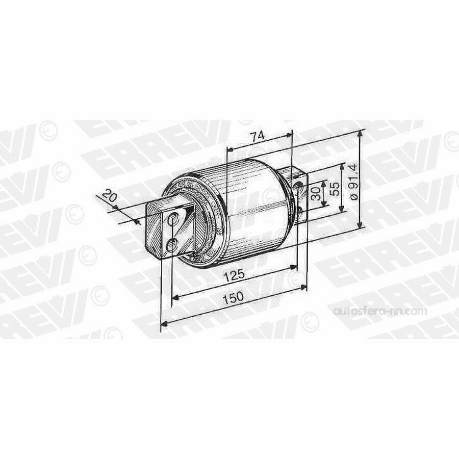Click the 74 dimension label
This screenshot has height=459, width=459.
(x=258, y=136)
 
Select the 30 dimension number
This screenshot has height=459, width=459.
(x=316, y=194)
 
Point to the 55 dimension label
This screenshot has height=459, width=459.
(x=335, y=189)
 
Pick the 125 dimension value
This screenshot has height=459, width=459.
(x=234, y=275)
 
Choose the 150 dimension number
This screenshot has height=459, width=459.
(x=233, y=297)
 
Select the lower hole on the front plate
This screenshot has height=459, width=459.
(x=171, y=245)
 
